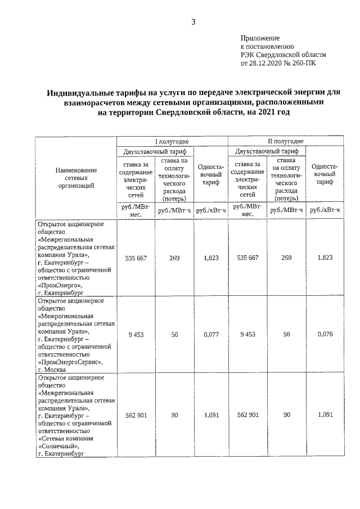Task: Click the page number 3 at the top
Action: click(x=193, y=22)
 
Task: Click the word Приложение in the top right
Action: click(x=259, y=37)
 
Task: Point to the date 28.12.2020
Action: click(x=268, y=64)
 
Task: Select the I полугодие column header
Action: click(x=172, y=141)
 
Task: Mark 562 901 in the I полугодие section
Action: click(x=135, y=415)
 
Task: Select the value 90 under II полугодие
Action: click(x=287, y=415)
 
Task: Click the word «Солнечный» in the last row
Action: click(x=60, y=445)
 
